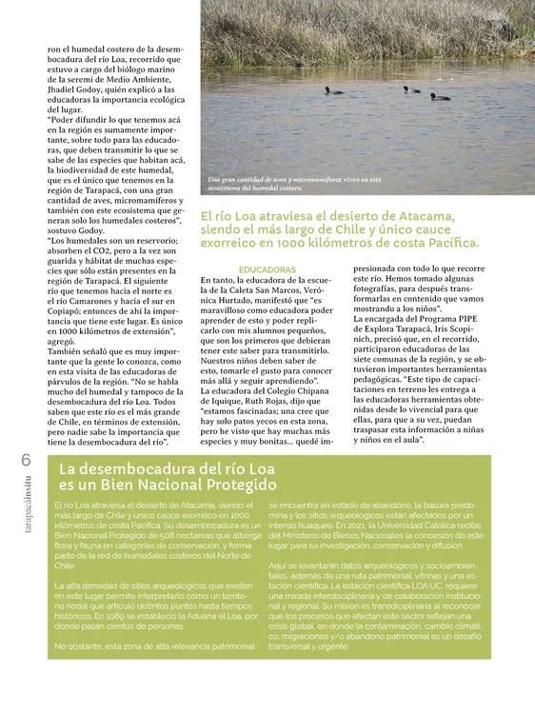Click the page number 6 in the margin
[x=25, y=460]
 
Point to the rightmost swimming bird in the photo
[x=439, y=95]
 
